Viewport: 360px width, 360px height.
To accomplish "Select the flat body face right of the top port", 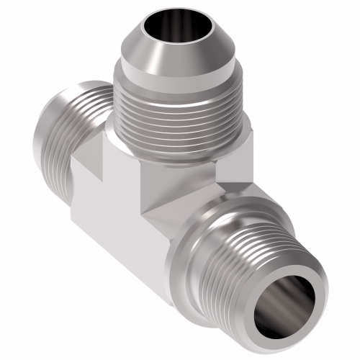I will pyautogui.click(x=238, y=162).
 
